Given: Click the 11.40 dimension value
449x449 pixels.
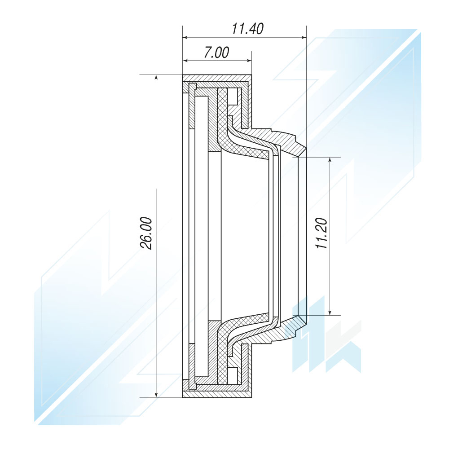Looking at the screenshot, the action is click(247, 29).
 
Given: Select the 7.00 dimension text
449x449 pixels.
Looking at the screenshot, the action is click(216, 53).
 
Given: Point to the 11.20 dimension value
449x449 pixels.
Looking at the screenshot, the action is click(321, 233).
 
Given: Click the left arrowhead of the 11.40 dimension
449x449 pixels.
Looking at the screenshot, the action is click(185, 37).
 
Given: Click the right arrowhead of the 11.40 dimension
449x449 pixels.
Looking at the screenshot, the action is click(304, 37).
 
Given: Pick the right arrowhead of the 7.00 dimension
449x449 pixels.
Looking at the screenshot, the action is click(249, 61).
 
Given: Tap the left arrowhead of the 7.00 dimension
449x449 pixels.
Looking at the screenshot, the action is click(185, 61).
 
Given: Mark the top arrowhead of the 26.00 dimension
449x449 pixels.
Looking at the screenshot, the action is click(156, 78).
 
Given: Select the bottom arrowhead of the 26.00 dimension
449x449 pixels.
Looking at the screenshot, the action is click(156, 395).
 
